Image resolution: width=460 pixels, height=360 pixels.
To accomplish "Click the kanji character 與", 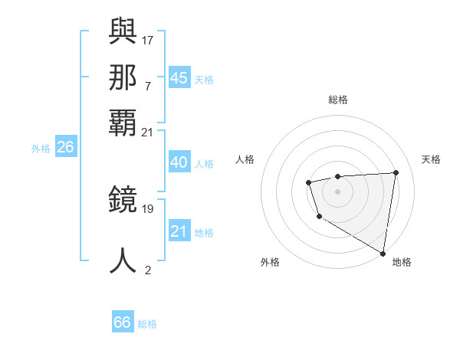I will pyautogui.click(x=123, y=31).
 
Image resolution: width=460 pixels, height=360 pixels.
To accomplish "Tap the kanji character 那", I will pyautogui.click(x=123, y=77).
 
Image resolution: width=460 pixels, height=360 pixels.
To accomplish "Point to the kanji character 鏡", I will pyautogui.click(x=123, y=201).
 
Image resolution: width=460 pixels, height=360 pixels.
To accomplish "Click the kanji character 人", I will pyautogui.click(x=123, y=260).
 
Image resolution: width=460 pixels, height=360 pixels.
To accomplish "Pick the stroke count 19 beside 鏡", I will pyautogui.click(x=148, y=208).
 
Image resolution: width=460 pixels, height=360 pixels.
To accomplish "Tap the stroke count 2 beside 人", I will pyautogui.click(x=148, y=269).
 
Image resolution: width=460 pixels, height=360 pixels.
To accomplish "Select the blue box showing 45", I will pyautogui.click(x=179, y=78).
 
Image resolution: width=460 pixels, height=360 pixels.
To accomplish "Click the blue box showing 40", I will pyautogui.click(x=179, y=162).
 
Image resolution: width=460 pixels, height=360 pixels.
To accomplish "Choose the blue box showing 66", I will pyautogui.click(x=123, y=322).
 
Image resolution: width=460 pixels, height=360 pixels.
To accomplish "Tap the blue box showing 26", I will pyautogui.click(x=65, y=147).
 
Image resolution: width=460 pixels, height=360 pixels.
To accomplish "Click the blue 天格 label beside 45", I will pyautogui.click(x=204, y=80).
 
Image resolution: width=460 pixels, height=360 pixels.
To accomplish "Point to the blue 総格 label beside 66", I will pyautogui.click(x=147, y=324).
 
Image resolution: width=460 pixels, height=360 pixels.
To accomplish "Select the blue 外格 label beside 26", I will pyautogui.click(x=40, y=149).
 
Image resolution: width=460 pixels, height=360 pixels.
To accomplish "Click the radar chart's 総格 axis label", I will pyautogui.click(x=337, y=100).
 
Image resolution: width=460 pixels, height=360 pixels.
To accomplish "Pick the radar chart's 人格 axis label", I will pyautogui.click(x=245, y=159).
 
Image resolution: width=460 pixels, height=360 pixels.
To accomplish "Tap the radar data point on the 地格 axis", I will pyautogui.click(x=383, y=253).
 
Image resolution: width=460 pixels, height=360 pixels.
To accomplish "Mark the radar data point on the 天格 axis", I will pyautogui.click(x=396, y=172).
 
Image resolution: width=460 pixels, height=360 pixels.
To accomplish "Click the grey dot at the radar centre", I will pyautogui.click(x=337, y=191).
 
